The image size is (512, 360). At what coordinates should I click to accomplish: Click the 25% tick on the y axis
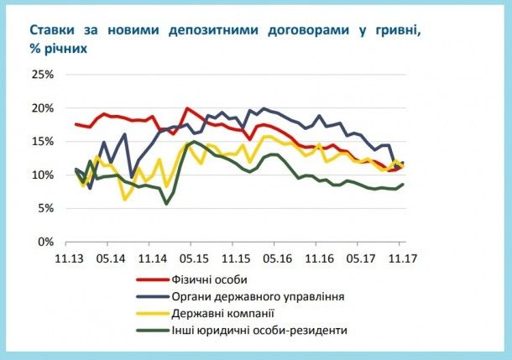coord(42,75)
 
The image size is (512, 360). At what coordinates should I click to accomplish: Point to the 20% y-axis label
coord(42,108)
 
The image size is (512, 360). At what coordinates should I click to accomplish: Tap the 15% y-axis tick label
coord(42,142)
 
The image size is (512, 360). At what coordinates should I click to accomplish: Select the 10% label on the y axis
coord(42,175)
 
